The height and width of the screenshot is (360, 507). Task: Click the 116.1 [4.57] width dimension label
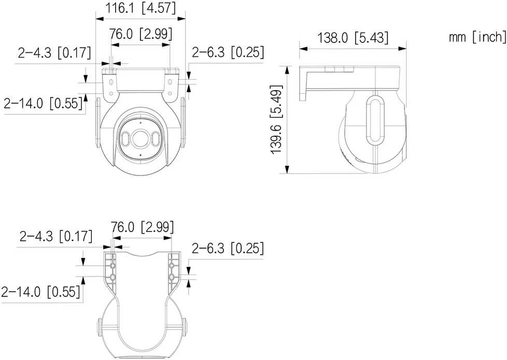[x=140, y=8]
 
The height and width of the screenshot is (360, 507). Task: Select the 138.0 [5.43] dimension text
[x=353, y=37]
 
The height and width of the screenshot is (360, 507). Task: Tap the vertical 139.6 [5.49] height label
[x=276, y=120]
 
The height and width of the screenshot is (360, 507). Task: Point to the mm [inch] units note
[x=477, y=37]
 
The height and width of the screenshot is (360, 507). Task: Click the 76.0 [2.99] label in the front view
[x=140, y=34]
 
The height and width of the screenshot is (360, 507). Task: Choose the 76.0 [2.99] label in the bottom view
[x=142, y=227]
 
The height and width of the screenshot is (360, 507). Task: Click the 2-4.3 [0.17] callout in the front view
[x=54, y=52]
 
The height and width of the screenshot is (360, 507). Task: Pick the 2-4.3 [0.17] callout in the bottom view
[x=56, y=236]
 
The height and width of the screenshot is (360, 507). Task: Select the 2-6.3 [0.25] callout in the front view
[x=228, y=52]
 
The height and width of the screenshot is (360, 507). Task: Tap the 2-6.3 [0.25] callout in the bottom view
[x=228, y=248]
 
